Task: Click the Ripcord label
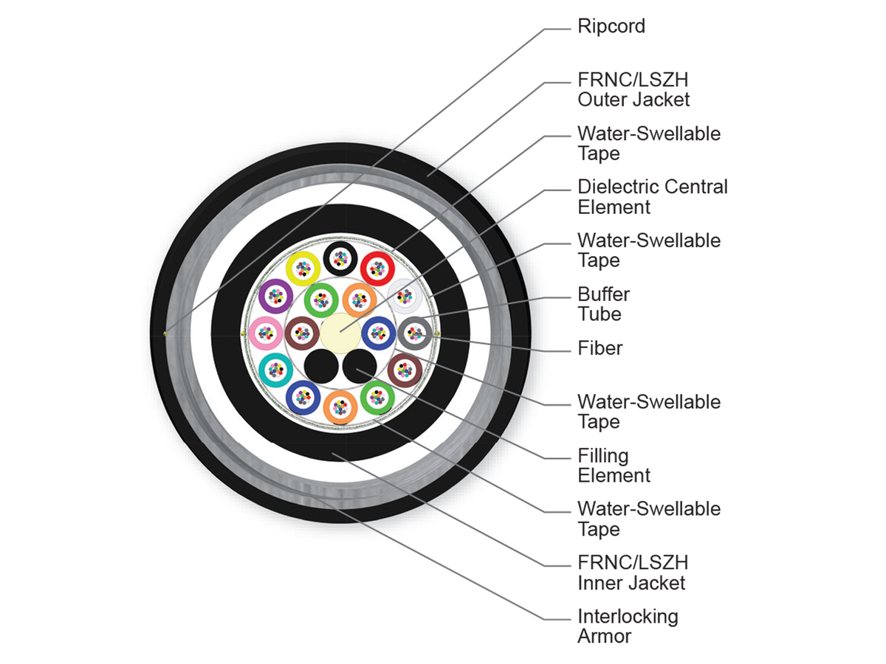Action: [x=611, y=27]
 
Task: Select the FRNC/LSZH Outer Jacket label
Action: [x=633, y=89]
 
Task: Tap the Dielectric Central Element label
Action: [x=652, y=197]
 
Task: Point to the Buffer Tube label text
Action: [x=603, y=304]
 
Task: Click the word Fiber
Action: [x=600, y=348]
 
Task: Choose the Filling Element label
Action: [x=614, y=466]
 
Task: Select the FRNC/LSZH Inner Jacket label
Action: [x=633, y=573]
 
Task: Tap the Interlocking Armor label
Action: [x=628, y=626]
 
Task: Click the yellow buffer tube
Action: [x=303, y=269]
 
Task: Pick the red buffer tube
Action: [x=377, y=269]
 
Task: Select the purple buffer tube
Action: [x=275, y=296]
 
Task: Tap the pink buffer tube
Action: [x=265, y=333]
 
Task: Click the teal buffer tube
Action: [x=275, y=370]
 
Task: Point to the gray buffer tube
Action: [x=415, y=333]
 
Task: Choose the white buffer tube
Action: [x=405, y=297]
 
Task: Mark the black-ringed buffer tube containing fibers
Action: [x=340, y=258]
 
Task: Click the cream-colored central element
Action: [x=340, y=333]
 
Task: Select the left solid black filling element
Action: [x=321, y=367]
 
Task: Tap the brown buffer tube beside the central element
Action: [x=302, y=333]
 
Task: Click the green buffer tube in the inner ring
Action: [x=321, y=300]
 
